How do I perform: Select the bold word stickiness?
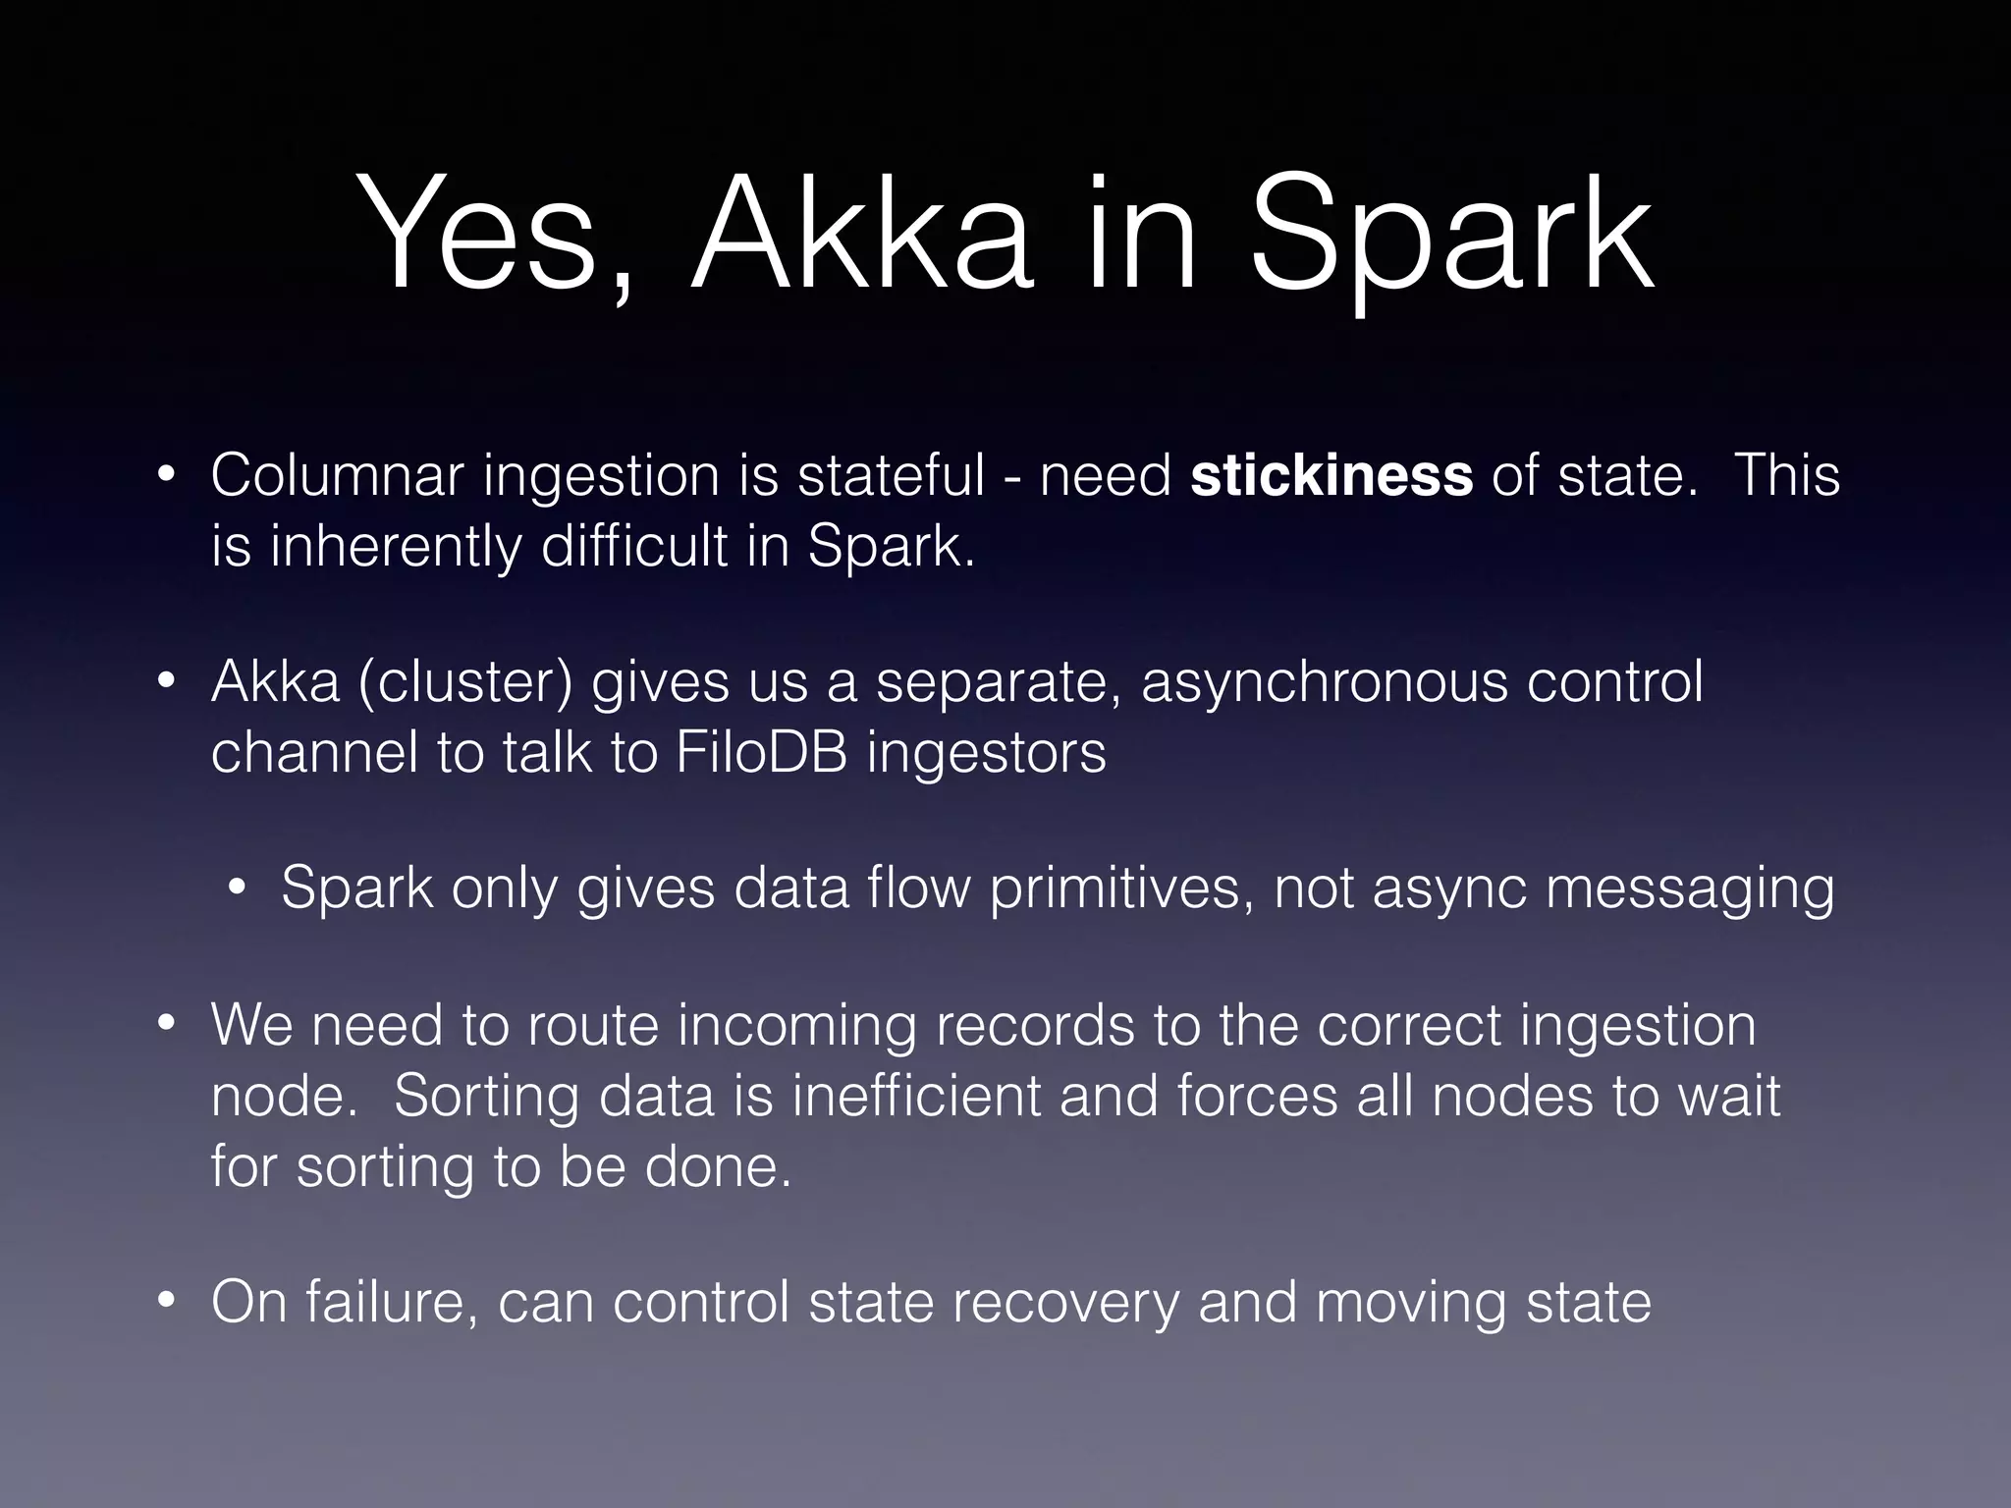pyautogui.click(x=1332, y=476)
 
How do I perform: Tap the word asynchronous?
pyautogui.click(x=1324, y=682)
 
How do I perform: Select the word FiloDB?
pyautogui.click(x=761, y=753)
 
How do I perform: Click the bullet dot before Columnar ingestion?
pyautogui.click(x=166, y=477)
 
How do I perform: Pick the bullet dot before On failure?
pyautogui.click(x=166, y=1303)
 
